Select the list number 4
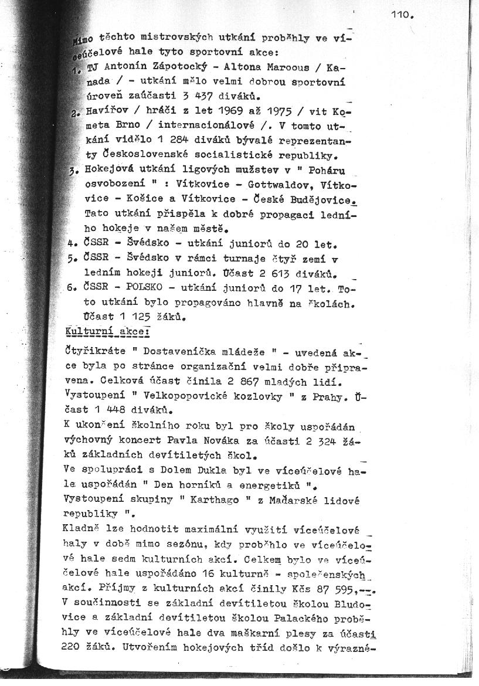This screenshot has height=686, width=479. pos(70,243)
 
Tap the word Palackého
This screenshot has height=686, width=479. pos(291,617)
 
